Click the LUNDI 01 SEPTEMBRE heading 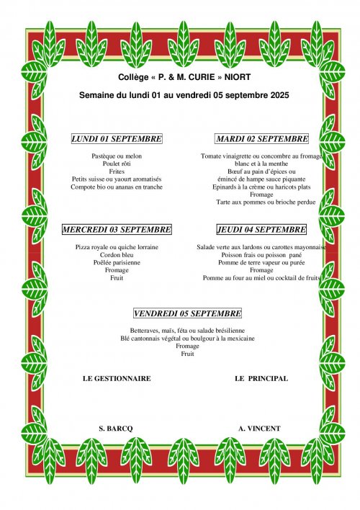coord(117,139)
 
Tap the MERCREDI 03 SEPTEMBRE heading coord(117,230)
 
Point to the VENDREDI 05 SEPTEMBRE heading coord(187,313)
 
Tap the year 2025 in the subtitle coord(282,94)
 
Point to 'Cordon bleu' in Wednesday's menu coord(117,254)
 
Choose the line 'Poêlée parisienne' coord(117,262)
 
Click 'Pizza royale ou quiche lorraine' coord(117,246)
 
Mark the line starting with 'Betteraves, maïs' coord(187,330)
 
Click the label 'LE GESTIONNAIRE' coord(117,378)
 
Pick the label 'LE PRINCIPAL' coord(261,378)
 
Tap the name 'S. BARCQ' coord(116,428)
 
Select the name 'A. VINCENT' coord(259,428)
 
